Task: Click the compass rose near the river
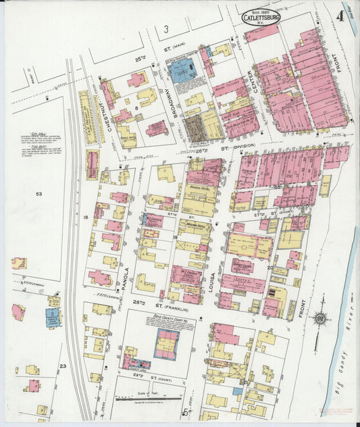(x=319, y=317)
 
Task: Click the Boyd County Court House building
(x=166, y=344)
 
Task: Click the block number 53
(x=39, y=195)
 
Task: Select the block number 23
(x=62, y=366)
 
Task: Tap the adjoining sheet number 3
(x=165, y=28)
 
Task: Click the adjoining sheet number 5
(x=184, y=410)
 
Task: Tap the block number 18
(x=86, y=218)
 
